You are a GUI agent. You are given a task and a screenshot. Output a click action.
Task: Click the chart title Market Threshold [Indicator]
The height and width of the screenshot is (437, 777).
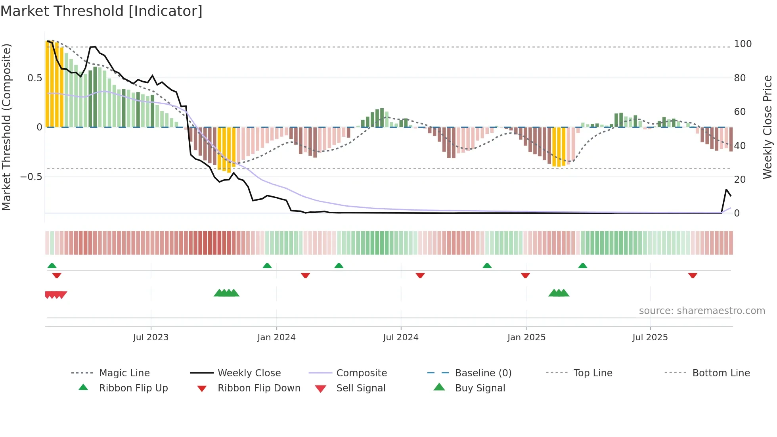tap(101, 11)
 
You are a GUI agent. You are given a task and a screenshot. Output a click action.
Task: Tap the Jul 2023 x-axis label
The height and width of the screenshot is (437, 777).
tap(151, 337)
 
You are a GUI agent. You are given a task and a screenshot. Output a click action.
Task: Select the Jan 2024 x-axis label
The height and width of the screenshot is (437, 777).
tap(276, 337)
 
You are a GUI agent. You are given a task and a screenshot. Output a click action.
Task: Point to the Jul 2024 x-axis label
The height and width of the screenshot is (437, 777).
tap(400, 337)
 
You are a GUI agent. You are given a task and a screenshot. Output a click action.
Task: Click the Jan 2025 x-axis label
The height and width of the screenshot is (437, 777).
tap(526, 337)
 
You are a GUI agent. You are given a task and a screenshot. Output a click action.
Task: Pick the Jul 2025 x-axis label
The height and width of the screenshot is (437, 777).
tap(650, 337)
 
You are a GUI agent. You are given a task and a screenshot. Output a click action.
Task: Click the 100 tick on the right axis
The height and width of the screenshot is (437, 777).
tap(743, 44)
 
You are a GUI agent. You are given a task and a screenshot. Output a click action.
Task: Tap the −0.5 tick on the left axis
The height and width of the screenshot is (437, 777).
tap(31, 176)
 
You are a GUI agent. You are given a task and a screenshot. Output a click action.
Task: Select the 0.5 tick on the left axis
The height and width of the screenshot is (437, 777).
tap(34, 78)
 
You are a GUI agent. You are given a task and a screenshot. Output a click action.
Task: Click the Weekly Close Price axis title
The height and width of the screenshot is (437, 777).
tap(767, 127)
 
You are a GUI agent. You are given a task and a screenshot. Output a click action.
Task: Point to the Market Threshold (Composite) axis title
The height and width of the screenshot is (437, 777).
tap(7, 127)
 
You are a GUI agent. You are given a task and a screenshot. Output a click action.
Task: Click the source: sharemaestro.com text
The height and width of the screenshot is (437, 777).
tap(702, 311)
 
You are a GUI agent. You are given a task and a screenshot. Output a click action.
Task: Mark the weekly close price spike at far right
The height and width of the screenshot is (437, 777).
tap(726, 190)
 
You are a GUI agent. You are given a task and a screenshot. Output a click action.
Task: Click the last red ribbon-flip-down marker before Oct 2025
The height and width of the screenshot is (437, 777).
tap(693, 275)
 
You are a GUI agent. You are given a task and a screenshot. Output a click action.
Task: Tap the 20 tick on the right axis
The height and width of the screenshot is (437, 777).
tap(740, 180)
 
